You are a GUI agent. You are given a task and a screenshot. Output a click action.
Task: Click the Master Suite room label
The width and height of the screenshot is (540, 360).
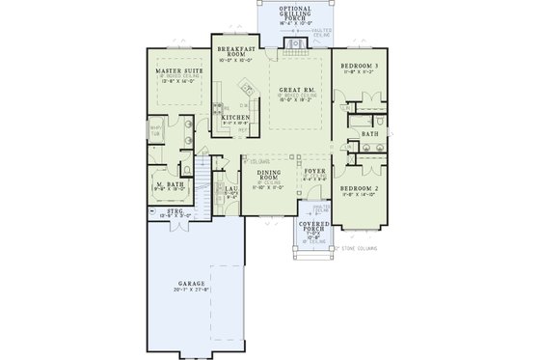tap(177, 70)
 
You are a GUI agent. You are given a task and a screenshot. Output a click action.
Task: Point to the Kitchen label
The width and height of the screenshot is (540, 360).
tap(236, 117)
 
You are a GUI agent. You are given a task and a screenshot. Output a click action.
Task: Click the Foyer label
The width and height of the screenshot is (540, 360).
tap(314, 173)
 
